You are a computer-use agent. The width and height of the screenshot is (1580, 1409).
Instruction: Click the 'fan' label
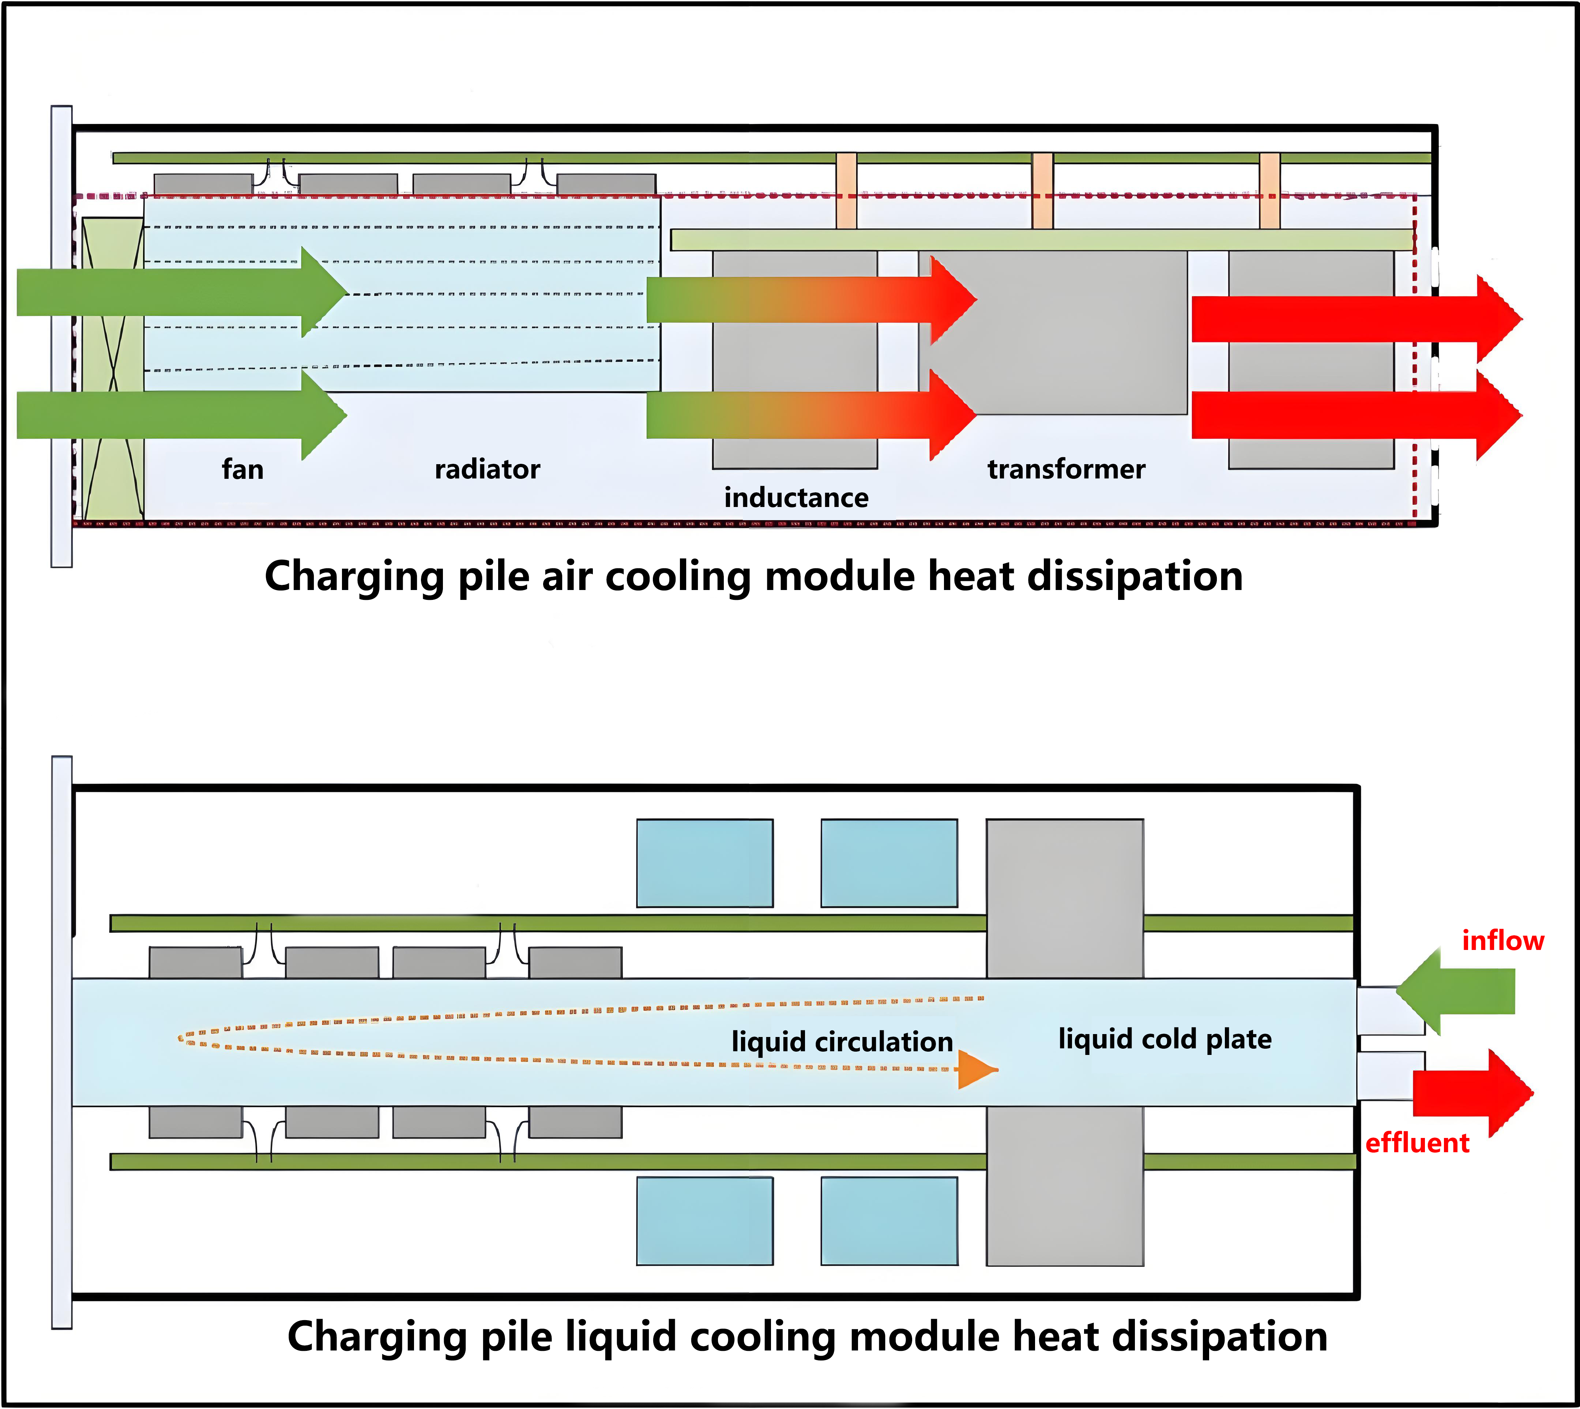242,469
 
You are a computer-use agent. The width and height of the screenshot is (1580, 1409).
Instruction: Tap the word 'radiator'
487,469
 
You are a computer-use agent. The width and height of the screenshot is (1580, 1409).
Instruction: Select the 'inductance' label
796,498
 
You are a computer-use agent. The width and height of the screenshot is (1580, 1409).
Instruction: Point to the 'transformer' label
1066,469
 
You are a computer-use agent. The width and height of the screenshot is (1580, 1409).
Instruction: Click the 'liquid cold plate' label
1164,1039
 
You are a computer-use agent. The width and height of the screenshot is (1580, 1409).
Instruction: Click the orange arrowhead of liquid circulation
975,1070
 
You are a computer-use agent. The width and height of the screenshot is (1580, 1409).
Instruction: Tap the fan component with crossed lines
113,368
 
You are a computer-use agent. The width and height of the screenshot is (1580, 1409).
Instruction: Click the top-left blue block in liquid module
704,863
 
